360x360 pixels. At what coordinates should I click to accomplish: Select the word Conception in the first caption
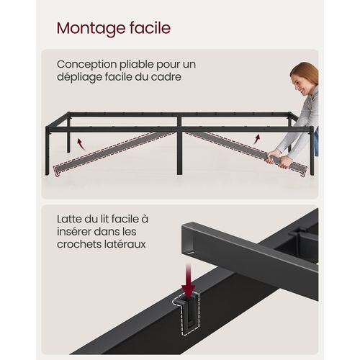[x=87, y=64]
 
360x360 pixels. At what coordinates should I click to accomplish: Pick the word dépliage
[x=79, y=78]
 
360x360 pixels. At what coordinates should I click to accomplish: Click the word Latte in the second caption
[x=69, y=219]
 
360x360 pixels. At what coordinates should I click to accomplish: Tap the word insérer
[x=74, y=232]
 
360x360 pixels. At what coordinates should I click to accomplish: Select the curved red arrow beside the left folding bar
[x=81, y=145]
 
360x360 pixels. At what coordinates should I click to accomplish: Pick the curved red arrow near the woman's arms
[x=257, y=139]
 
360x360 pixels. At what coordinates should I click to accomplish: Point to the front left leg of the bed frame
[x=47, y=150]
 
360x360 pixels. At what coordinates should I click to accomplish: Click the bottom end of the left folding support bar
[x=57, y=171]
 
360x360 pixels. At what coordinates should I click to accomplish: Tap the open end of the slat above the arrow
[x=188, y=240]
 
